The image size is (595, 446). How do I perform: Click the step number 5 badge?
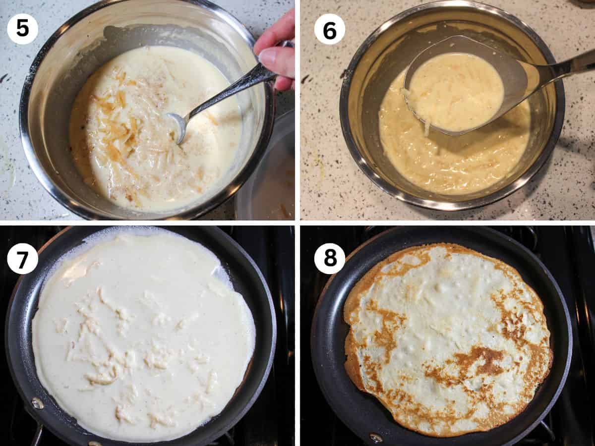point(22,29)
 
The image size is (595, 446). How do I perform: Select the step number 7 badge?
point(22,258)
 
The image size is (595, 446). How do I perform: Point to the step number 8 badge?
point(330,258)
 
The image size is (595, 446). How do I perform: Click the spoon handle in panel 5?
point(233,89)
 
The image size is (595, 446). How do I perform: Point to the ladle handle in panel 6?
point(565,67)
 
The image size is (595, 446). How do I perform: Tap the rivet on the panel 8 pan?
point(375,438)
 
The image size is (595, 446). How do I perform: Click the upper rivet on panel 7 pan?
point(38,403)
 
